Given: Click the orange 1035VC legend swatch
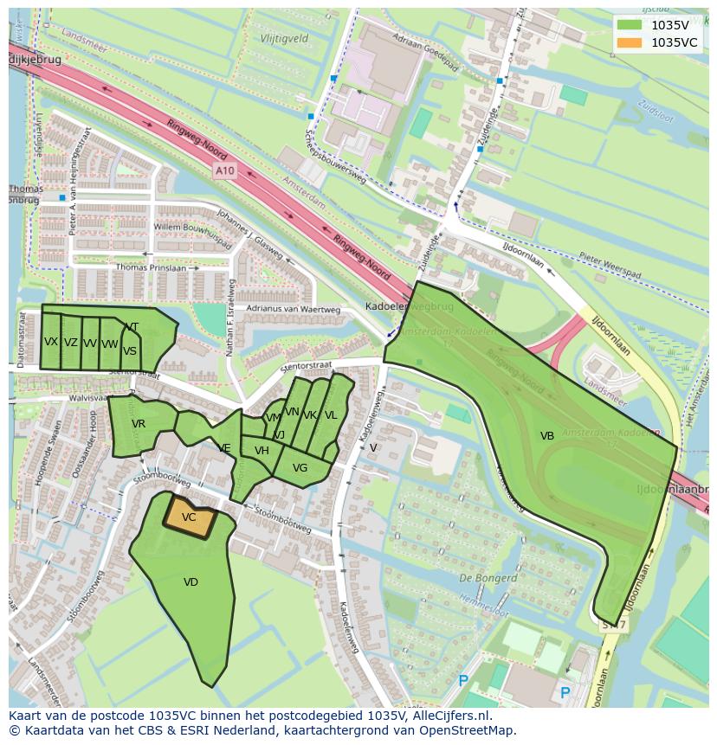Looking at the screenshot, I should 631,42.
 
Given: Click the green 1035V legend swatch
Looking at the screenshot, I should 631,25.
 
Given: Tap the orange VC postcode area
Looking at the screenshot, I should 190,517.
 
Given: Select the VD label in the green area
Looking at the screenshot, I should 191,582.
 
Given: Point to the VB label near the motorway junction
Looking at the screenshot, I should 547,436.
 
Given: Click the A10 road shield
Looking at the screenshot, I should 225,171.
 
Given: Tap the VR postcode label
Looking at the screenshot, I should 139,424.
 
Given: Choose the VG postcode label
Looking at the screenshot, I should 300,468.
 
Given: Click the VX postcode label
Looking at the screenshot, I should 51,342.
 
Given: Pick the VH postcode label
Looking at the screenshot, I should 262,451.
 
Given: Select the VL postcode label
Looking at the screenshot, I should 330,415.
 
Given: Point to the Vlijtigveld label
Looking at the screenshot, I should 284,39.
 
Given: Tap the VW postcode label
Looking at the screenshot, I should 109,344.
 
